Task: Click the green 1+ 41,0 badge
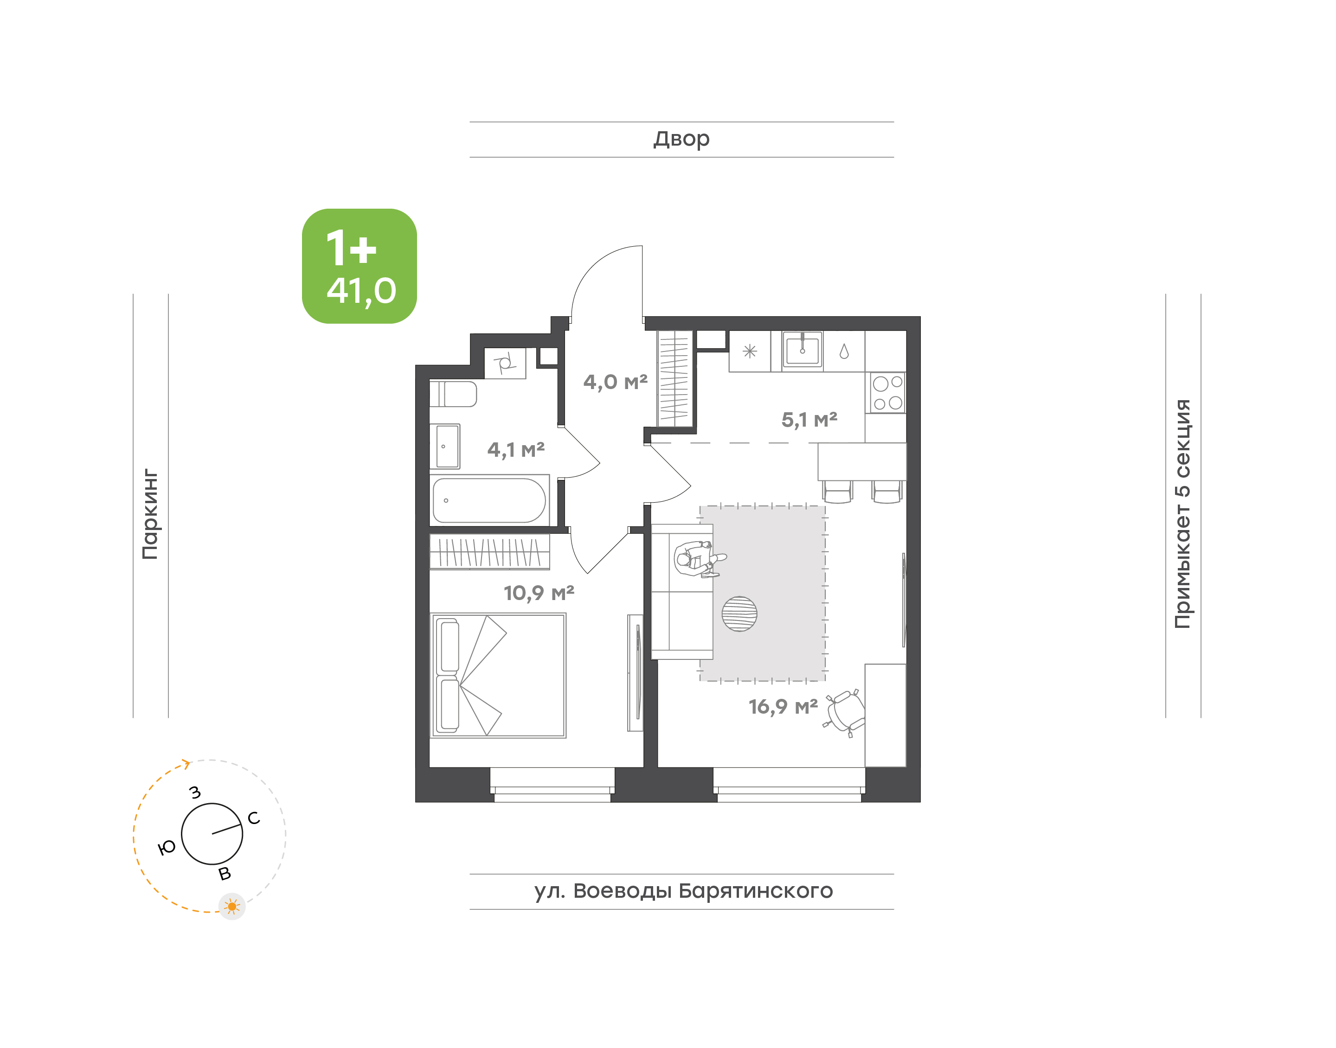point(359,266)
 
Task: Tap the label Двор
point(681,139)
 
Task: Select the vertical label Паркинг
point(150,514)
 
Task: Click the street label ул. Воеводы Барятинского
point(683,890)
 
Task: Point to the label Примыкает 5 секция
point(1182,514)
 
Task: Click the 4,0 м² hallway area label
point(616,382)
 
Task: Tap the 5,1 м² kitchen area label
point(809,420)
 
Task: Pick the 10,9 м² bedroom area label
point(539,593)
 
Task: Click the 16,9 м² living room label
point(783,706)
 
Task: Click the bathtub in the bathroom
point(489,500)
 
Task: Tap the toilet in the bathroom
point(453,394)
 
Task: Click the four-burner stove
point(887,393)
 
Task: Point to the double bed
point(498,675)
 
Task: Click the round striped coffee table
point(739,613)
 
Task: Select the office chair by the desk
point(844,713)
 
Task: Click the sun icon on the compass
point(232,906)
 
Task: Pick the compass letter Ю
point(167,847)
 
